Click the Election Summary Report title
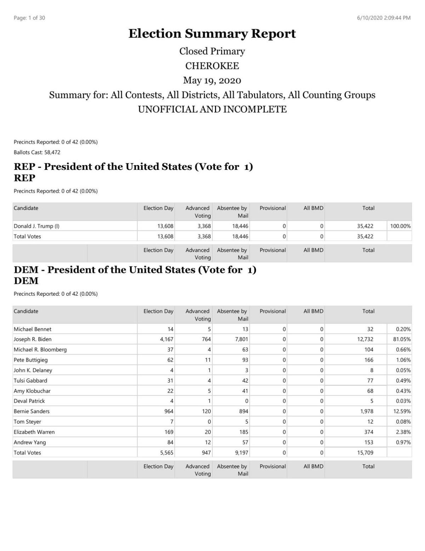pyautogui.click(x=212, y=34)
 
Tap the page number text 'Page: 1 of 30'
pyautogui.click(x=29, y=18)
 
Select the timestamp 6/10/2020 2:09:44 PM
pyautogui.click(x=384, y=18)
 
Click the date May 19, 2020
pyautogui.click(x=212, y=80)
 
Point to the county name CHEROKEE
pyautogui.click(x=212, y=66)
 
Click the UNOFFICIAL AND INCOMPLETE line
pyautogui.click(x=212, y=109)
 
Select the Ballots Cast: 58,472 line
pyautogui.click(x=37, y=152)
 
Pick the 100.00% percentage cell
pyautogui.click(x=400, y=226)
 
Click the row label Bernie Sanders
pyautogui.click(x=32, y=411)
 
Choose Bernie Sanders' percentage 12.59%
pyautogui.click(x=402, y=411)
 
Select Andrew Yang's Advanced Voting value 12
pyautogui.click(x=208, y=442)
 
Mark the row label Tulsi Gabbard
pyautogui.click(x=30, y=380)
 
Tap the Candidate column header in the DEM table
pyautogui.click(x=26, y=311)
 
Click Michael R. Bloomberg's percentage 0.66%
pyautogui.click(x=403, y=350)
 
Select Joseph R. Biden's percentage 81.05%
pyautogui.click(x=402, y=339)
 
